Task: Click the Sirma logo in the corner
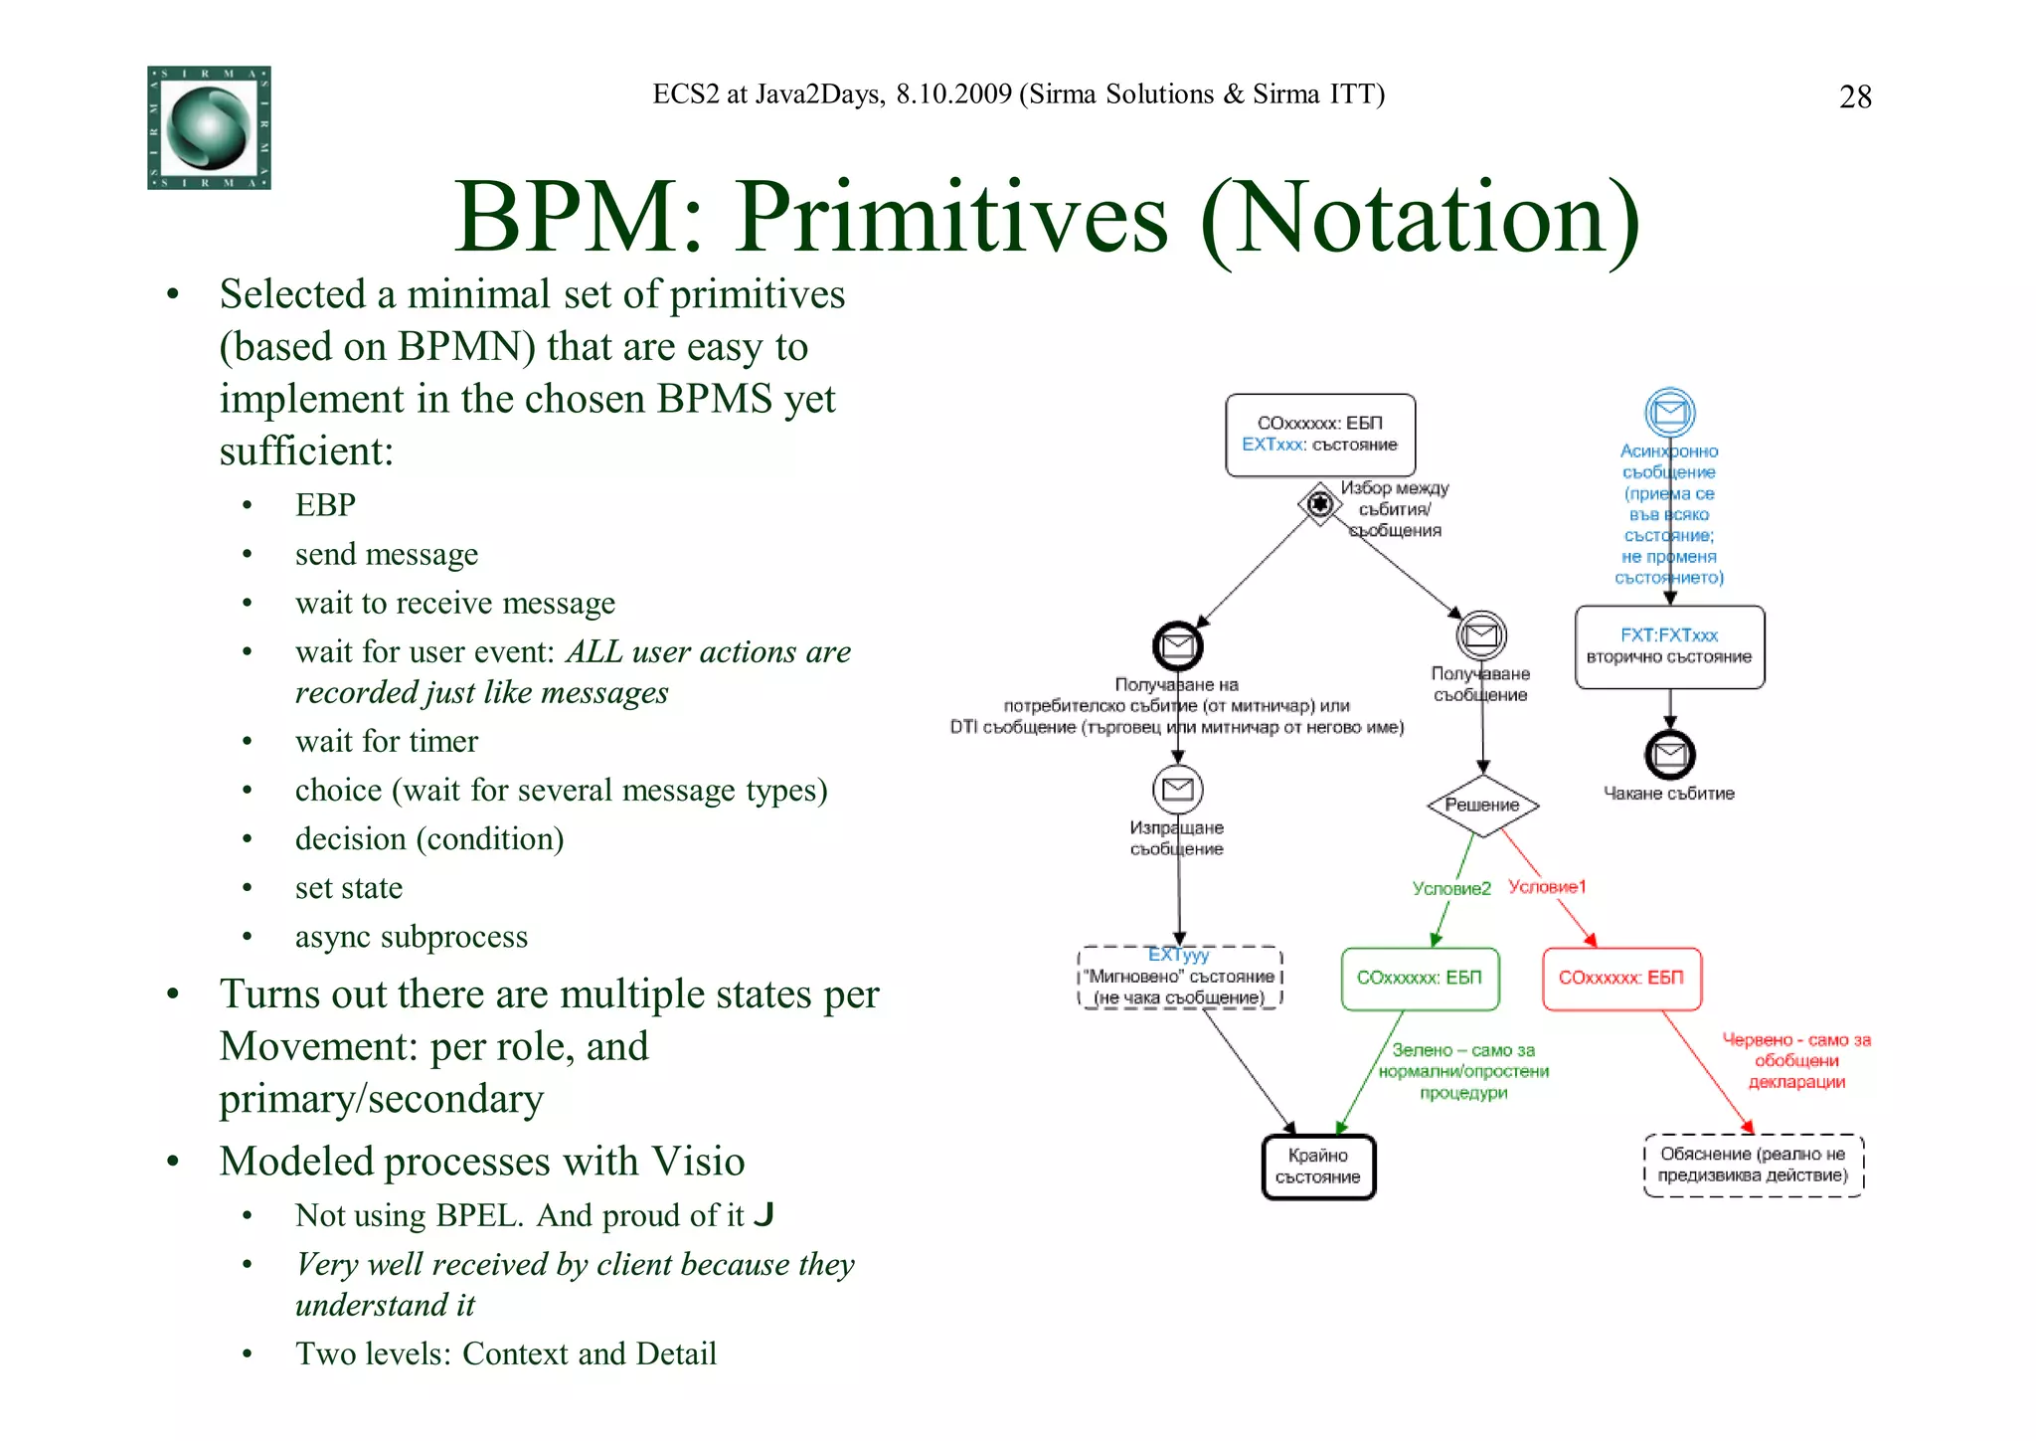(x=209, y=127)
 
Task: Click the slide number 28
(x=1855, y=96)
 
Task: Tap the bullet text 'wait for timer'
(x=387, y=741)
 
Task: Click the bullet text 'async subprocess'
(x=411, y=937)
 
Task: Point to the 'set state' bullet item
(x=349, y=887)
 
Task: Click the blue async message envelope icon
(x=1670, y=412)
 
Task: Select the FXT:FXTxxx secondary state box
(x=1669, y=646)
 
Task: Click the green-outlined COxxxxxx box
(x=1420, y=979)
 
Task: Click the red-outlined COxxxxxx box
(x=1621, y=979)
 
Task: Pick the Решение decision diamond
(x=1482, y=805)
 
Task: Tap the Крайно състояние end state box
(x=1318, y=1167)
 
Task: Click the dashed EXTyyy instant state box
(x=1180, y=978)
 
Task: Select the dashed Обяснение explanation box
(x=1753, y=1165)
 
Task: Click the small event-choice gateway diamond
(x=1319, y=504)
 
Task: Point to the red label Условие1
(x=1547, y=886)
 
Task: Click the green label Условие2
(x=1451, y=888)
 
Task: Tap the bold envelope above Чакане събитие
(x=1670, y=755)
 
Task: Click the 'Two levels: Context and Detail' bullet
(x=505, y=1353)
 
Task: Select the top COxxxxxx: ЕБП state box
(x=1320, y=435)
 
